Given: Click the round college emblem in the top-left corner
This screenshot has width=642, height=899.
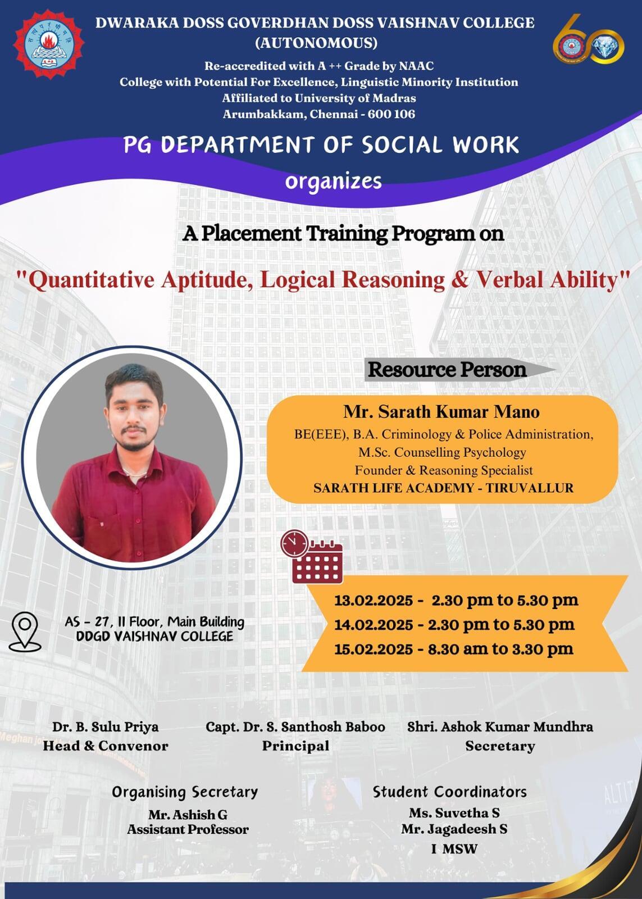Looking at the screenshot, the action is pyautogui.click(x=49, y=44).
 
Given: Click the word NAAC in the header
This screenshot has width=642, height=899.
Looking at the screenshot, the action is pyautogui.click(x=416, y=66).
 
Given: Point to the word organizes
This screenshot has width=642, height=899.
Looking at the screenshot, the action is pyautogui.click(x=333, y=181).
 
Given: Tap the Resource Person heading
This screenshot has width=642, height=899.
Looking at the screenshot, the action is pyautogui.click(x=447, y=370).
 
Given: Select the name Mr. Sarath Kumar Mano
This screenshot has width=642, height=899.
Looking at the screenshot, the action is pyautogui.click(x=441, y=412).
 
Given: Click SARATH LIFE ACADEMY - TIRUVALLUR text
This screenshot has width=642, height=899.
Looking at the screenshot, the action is pyautogui.click(x=443, y=488).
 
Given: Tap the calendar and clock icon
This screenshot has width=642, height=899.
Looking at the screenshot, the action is pyautogui.click(x=312, y=556).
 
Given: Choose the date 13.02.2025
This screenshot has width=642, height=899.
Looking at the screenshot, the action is pyautogui.click(x=374, y=601).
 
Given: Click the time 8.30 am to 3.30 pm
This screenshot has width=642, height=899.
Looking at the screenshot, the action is pyautogui.click(x=500, y=649).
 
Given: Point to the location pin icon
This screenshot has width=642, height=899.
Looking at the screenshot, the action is pyautogui.click(x=25, y=632).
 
